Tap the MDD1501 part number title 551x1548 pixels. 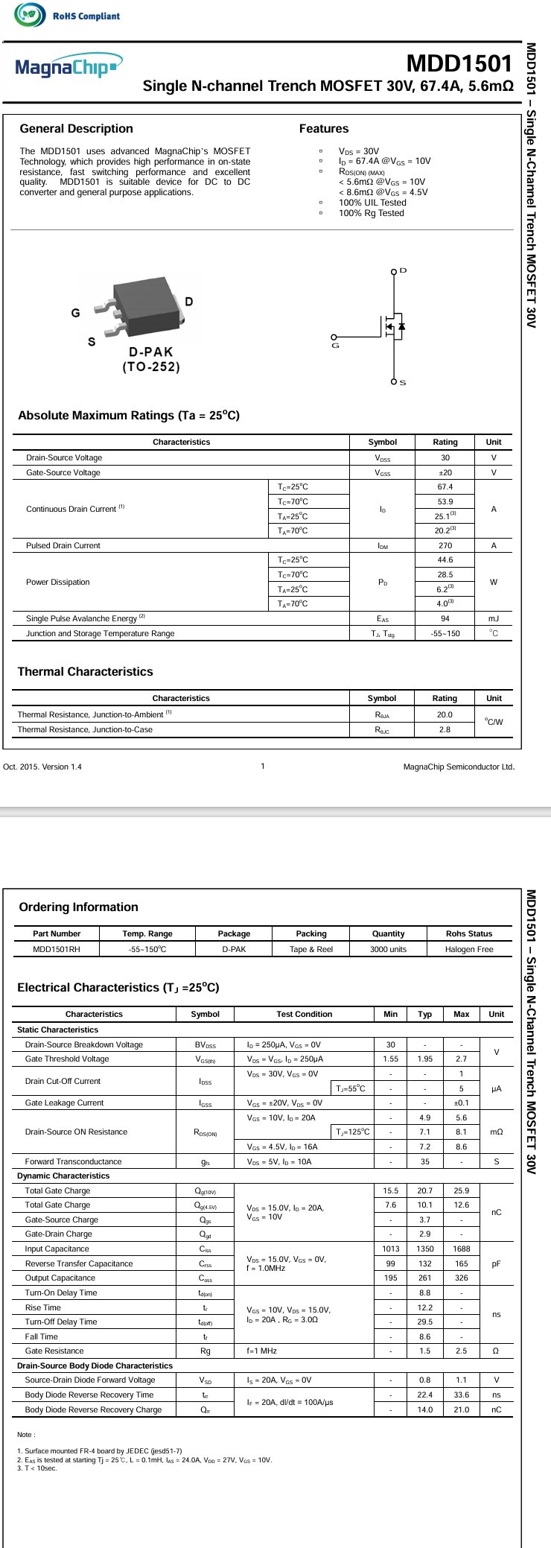pos(459,63)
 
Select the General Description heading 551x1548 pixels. pos(76,129)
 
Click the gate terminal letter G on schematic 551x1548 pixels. pos(335,346)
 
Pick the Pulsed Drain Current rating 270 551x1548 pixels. pos(445,546)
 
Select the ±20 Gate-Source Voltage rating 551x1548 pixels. pos(445,473)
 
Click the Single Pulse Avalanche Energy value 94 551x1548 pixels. pos(445,619)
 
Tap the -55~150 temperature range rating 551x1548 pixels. pos(445,634)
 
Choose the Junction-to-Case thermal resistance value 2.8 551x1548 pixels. pos(445,730)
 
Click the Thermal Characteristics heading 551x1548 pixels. pos(85,672)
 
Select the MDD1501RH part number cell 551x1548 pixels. pos(57,950)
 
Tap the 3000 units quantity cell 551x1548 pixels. pos(388,950)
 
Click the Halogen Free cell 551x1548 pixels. pos(469,950)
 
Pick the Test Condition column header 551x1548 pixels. pos(304,1015)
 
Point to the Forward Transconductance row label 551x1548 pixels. pos(73,1162)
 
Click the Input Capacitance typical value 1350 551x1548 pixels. pos(424,1249)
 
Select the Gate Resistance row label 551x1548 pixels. pos(54,1351)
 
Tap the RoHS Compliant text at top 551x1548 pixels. pos(86,16)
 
